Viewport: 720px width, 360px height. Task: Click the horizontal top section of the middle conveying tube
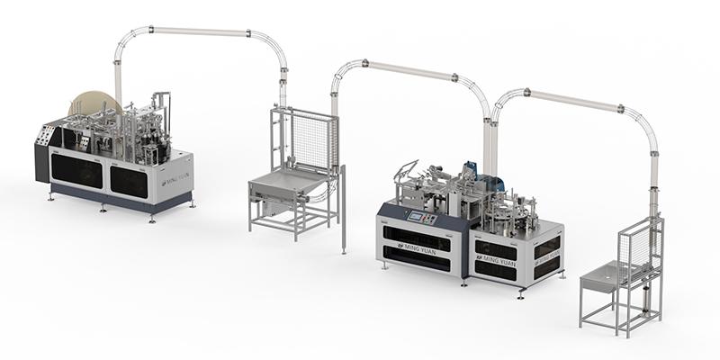[409, 67]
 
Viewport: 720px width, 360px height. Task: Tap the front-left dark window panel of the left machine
[77, 172]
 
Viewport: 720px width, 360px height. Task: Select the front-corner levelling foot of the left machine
[154, 219]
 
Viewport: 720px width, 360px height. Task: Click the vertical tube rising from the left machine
[118, 72]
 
